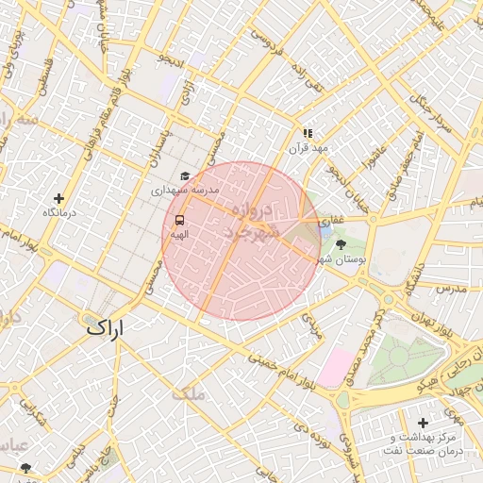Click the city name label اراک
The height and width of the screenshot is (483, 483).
click(105, 329)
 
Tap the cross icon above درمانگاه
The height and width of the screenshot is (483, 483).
click(59, 198)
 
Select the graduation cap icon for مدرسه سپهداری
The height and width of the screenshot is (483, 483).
click(185, 175)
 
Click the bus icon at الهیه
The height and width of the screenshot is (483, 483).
click(179, 220)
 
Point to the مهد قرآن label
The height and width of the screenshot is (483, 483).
click(308, 149)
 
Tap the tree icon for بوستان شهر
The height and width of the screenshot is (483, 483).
click(341, 243)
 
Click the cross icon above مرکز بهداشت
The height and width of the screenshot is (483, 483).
click(422, 424)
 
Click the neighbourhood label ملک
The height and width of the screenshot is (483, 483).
click(189, 393)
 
